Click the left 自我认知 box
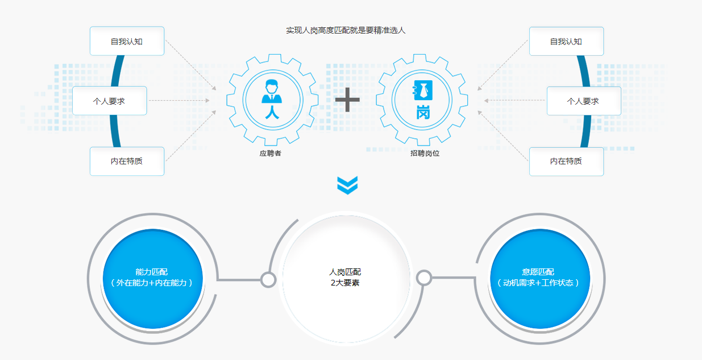point(127,41)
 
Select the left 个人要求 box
point(109,101)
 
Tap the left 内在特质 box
point(127,161)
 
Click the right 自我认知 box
point(566,41)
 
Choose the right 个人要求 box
point(584,101)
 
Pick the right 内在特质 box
point(566,162)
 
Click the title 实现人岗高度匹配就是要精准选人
point(346,30)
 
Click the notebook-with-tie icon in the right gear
point(423,90)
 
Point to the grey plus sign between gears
point(347,100)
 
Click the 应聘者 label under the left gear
point(271,154)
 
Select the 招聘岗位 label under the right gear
point(425,154)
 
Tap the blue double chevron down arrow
point(347,185)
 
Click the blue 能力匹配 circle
point(153,279)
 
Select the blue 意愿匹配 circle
point(540,279)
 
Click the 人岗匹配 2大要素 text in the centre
point(345,277)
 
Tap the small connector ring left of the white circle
point(268,280)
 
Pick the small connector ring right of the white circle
point(425,278)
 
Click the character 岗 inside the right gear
point(423,112)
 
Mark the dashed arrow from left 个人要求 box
point(179,100)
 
